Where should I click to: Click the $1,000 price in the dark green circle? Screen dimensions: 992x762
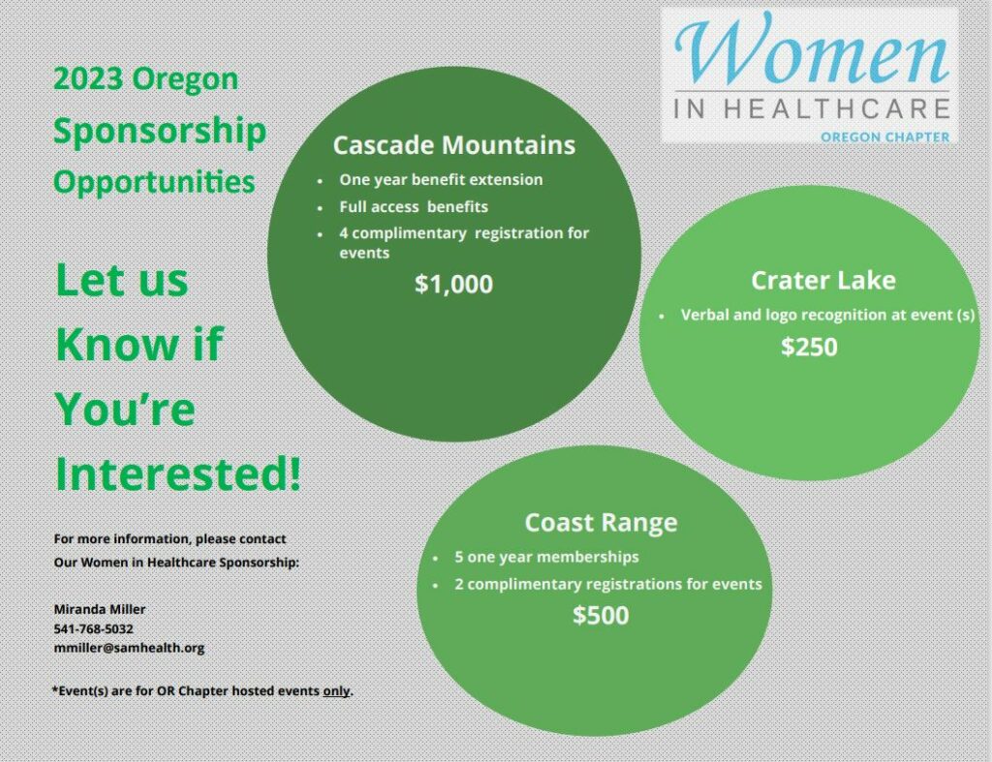pos(453,285)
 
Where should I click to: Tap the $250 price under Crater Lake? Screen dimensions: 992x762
pos(809,347)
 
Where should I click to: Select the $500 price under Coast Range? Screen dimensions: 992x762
pos(601,615)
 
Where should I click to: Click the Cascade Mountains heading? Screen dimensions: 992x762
pos(454,145)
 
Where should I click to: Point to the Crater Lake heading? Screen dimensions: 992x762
pos(823,280)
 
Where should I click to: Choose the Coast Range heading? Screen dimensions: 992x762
pos(601,522)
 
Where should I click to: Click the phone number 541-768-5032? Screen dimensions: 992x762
pos(94,628)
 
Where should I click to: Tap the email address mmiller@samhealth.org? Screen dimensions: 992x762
pos(129,648)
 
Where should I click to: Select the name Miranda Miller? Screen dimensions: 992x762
pos(100,609)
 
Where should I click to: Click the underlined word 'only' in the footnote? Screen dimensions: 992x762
pos(336,690)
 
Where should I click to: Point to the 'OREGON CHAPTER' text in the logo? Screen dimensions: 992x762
pos(885,137)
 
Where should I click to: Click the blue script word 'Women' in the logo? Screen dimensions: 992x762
pos(812,49)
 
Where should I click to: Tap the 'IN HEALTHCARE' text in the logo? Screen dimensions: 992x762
pos(812,108)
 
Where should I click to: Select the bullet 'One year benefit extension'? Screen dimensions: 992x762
pos(441,179)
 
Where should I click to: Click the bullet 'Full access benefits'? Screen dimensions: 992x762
pos(414,207)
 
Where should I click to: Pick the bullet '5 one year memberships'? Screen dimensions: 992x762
pos(546,557)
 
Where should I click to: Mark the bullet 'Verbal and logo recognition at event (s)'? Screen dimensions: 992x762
pos(827,315)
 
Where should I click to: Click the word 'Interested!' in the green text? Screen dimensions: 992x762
pos(178,473)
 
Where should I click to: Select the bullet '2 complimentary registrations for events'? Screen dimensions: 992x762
pos(608,584)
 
